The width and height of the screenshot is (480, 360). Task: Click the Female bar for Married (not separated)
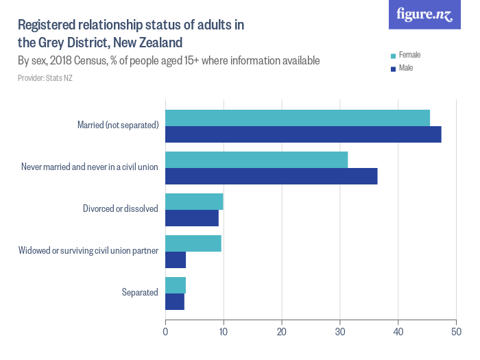pos(298,118)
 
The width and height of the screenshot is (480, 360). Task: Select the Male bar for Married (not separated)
pos(303,134)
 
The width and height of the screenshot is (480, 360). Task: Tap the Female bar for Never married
pos(256,160)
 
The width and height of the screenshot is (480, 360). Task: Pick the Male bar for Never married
pos(272,176)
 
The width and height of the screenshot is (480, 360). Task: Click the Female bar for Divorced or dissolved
pos(194,202)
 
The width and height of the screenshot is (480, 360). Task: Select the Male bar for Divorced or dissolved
pos(192,218)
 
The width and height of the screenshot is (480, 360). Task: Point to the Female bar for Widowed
pos(193,243)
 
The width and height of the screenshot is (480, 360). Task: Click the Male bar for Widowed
pos(176,260)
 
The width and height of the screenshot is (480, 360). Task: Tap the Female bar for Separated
pos(176,285)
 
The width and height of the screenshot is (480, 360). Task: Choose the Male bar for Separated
pos(175,302)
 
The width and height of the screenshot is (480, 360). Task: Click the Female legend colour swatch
pos(393,56)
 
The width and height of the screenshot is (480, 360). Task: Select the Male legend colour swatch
pos(393,69)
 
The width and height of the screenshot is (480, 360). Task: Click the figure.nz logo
pos(424,14)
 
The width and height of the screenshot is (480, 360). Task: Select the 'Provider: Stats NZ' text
pos(45,78)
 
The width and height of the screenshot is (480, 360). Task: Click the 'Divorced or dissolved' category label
pos(121,208)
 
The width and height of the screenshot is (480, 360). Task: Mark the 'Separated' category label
pos(140,292)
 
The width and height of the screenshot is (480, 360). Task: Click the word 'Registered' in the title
pos(45,25)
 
